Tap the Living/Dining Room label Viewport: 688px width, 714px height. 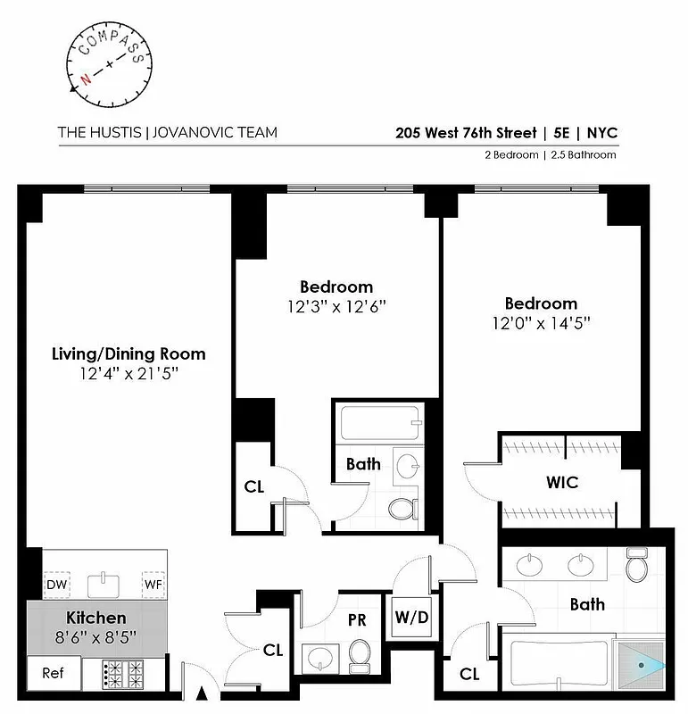click(128, 353)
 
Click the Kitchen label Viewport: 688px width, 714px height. click(96, 618)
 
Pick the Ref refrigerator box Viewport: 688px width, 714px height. click(54, 673)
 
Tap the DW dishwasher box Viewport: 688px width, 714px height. click(56, 585)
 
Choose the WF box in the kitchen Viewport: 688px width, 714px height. click(153, 585)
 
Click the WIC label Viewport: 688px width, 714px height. click(562, 483)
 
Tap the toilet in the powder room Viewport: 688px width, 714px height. click(360, 657)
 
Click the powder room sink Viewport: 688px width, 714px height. click(319, 660)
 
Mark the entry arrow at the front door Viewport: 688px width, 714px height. click(201, 693)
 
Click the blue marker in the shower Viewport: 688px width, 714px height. click(649, 665)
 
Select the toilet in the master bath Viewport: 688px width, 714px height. click(636, 565)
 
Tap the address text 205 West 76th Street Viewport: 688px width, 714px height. click(466, 133)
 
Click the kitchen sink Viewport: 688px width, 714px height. click(104, 585)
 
